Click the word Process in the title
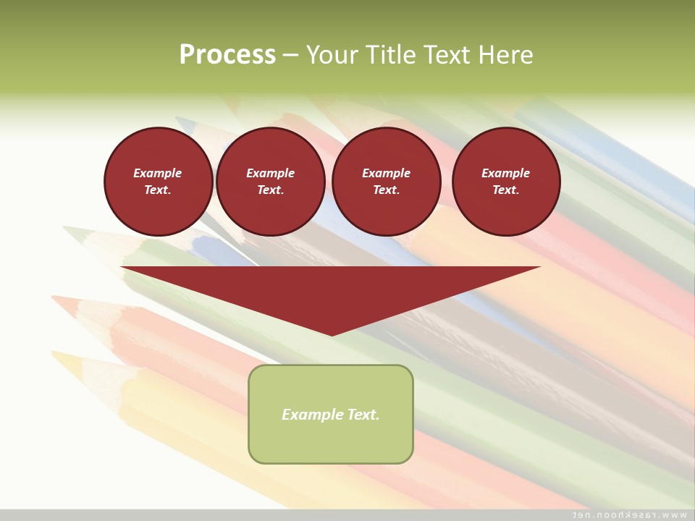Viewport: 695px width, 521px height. click(x=227, y=55)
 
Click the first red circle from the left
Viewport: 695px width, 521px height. click(x=158, y=182)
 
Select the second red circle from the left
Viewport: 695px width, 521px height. click(x=270, y=182)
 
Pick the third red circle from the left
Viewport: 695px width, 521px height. click(x=386, y=182)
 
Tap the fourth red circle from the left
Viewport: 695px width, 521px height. click(x=505, y=182)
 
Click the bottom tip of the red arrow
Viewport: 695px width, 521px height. click(x=332, y=334)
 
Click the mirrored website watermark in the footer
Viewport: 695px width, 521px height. click(x=629, y=514)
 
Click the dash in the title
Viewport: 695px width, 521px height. click(x=290, y=55)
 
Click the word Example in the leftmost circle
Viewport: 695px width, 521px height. click(x=158, y=173)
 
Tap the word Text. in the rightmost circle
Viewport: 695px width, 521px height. click(x=505, y=190)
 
